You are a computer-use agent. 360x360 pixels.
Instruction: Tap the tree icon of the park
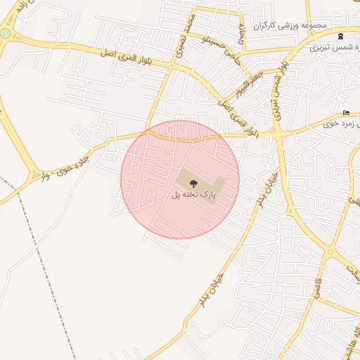(x=194, y=184)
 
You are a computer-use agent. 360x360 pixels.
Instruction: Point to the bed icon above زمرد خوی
(x=346, y=113)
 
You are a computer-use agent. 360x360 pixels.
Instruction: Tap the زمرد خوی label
(x=342, y=123)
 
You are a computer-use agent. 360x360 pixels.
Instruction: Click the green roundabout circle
(x=6, y=33)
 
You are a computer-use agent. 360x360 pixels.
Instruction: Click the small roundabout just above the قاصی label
(x=330, y=252)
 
